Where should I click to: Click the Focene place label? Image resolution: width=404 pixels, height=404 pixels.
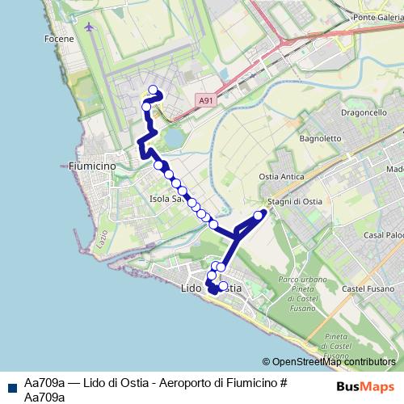[61, 38]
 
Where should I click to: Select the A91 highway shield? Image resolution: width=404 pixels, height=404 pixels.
[206, 100]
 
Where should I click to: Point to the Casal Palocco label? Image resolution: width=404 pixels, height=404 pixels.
[385, 235]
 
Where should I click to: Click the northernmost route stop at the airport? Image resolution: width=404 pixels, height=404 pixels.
[153, 90]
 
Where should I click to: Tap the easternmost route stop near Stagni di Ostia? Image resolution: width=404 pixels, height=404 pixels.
[259, 215]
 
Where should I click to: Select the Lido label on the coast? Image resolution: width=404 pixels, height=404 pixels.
[192, 288]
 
